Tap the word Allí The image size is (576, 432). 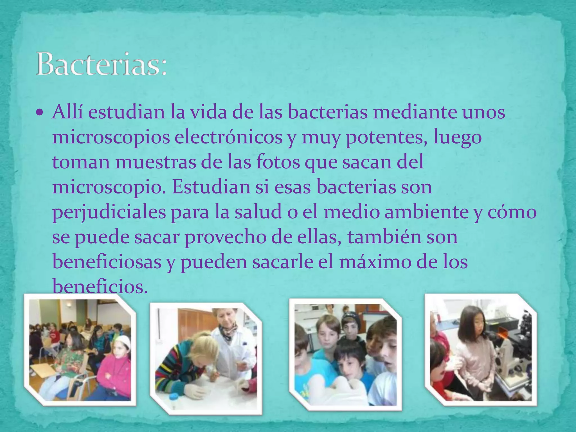pos(67,112)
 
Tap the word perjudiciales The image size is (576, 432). pos(109,213)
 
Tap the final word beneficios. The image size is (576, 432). pos(100,286)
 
